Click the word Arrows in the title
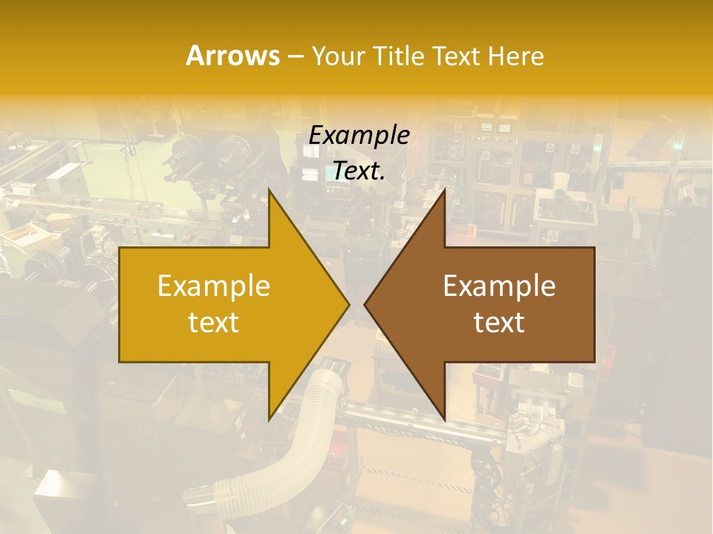(233, 56)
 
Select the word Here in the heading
(516, 56)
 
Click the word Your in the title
(338, 56)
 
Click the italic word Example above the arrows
(359, 136)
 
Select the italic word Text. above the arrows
(359, 171)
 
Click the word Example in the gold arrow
(214, 286)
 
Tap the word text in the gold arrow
(214, 322)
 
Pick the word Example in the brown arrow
(499, 286)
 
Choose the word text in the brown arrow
(499, 322)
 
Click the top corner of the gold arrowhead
(270, 191)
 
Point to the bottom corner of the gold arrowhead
(270, 419)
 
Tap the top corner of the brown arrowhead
(444, 191)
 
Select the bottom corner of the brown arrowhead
(444, 419)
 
